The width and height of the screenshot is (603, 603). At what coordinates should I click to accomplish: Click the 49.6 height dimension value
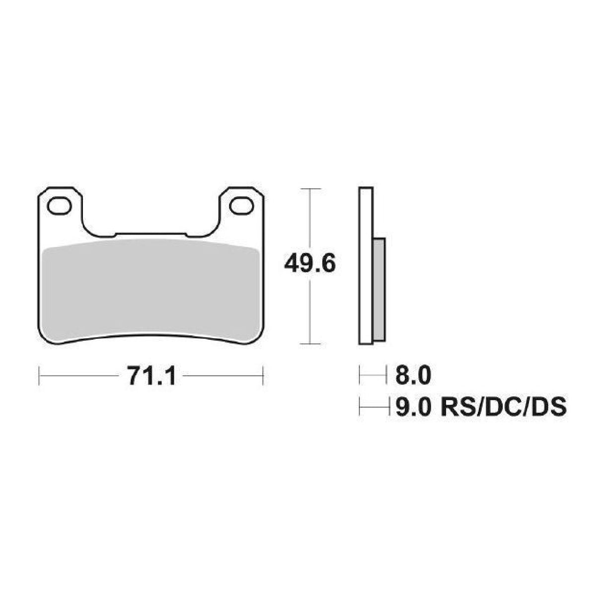[310, 264]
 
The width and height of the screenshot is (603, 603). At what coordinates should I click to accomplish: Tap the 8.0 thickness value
[413, 376]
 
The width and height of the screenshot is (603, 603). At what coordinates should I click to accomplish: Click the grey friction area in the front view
[151, 291]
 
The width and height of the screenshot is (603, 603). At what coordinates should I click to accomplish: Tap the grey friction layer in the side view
[379, 291]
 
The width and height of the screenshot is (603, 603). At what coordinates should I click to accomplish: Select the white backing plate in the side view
[366, 266]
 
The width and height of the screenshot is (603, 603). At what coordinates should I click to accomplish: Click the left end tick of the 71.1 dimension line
[39, 376]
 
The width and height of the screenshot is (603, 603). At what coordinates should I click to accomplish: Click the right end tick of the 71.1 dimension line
[263, 376]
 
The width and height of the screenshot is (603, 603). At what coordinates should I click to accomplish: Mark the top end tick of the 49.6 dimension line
[310, 189]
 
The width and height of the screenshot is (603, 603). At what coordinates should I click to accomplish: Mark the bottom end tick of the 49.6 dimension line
[310, 343]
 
